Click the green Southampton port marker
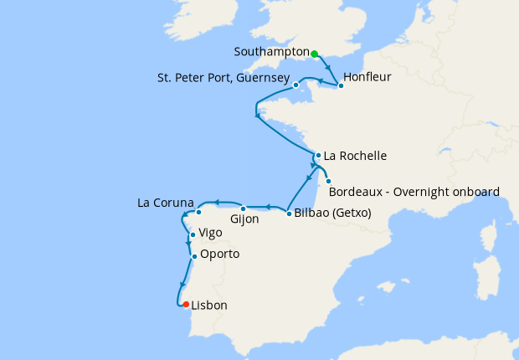315,54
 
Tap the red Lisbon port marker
186,305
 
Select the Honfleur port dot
341,85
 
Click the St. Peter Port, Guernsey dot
296,85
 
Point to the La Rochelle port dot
318,155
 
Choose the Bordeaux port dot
329,182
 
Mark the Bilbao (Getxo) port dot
289,213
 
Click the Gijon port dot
243,208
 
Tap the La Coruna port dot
198,212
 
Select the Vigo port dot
193,235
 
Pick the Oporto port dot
194,256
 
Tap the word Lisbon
209,306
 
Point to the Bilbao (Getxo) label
332,213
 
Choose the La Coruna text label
166,203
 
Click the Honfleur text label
367,77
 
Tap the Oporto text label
219,254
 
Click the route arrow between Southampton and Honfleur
327,69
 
